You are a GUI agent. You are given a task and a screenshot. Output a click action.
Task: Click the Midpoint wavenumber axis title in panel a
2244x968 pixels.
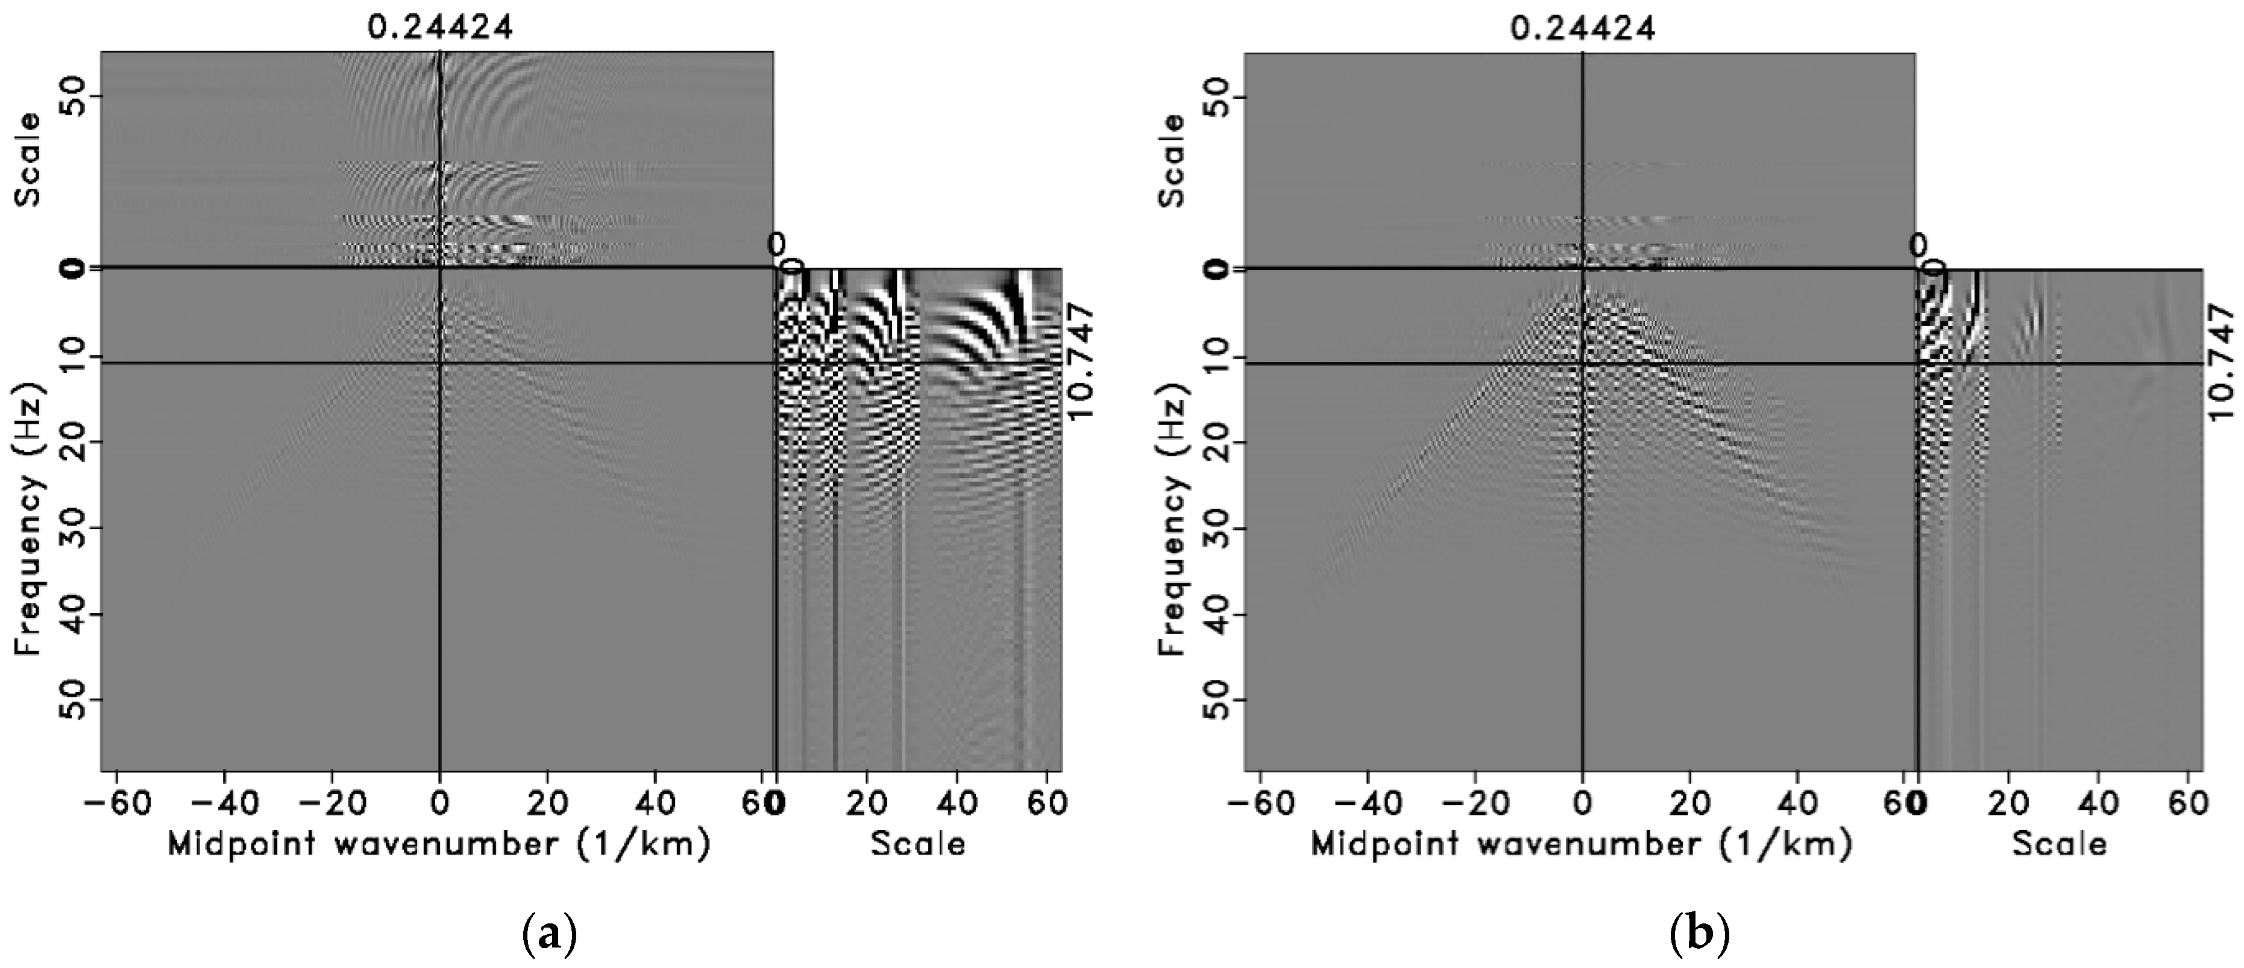[438, 843]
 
